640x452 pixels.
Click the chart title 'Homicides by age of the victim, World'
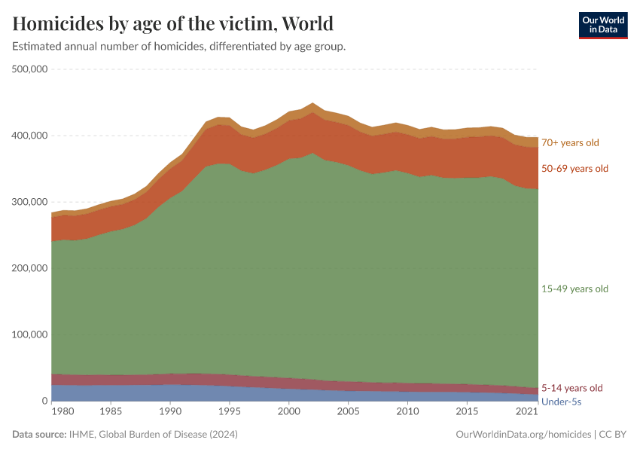[x=173, y=23]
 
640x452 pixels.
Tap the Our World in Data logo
[x=602, y=25]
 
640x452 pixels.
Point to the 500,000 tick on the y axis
[x=30, y=69]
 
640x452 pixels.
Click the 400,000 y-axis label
[x=30, y=136]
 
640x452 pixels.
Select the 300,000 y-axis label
[x=30, y=202]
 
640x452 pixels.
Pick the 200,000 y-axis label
[x=30, y=268]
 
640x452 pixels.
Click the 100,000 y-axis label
[x=30, y=334]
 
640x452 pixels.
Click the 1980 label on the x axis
[x=63, y=413]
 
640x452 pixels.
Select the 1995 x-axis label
[x=230, y=413]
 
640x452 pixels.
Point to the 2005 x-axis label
[x=348, y=413]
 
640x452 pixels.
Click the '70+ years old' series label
[x=570, y=142]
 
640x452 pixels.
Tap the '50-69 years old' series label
[x=574, y=169]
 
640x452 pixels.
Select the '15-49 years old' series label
[x=574, y=289]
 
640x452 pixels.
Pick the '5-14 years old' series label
[x=572, y=388]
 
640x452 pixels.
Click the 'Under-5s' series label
[x=562, y=402]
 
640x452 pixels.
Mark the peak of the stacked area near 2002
[x=312, y=103]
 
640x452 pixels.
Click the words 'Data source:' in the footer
[x=38, y=435]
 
